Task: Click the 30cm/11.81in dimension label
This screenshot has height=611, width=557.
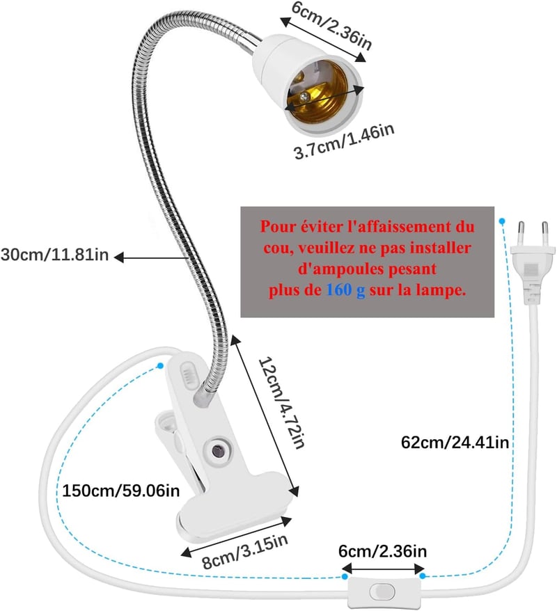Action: pyautogui.click(x=54, y=255)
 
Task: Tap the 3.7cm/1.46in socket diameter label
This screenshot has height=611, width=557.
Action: pyautogui.click(x=344, y=141)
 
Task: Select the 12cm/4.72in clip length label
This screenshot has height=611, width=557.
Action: pyautogui.click(x=282, y=402)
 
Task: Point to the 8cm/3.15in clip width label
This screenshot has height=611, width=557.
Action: pyautogui.click(x=246, y=551)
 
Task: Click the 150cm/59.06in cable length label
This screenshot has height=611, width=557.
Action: pyautogui.click(x=121, y=491)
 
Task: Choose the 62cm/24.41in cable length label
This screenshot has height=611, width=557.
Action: pyautogui.click(x=455, y=443)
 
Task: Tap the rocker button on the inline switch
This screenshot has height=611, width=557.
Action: pyautogui.click(x=382, y=591)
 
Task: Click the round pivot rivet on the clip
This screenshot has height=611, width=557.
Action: pyautogui.click(x=217, y=450)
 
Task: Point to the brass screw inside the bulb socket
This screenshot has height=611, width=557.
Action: pyautogui.click(x=304, y=96)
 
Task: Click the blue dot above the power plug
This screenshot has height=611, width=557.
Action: pyautogui.click(x=502, y=221)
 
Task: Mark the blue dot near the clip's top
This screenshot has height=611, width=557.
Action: pyautogui.click(x=160, y=365)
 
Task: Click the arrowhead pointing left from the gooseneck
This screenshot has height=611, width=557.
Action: pyautogui.click(x=119, y=257)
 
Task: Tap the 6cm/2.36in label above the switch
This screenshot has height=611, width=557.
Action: pyautogui.click(x=382, y=551)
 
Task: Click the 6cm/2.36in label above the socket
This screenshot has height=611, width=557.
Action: pyautogui.click(x=331, y=25)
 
